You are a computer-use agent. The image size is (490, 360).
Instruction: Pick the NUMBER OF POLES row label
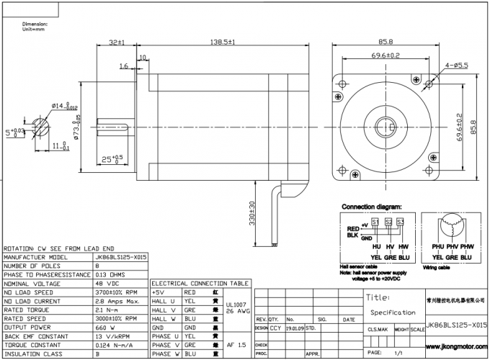[x=32, y=266]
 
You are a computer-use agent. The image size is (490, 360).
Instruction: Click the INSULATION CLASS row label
[x=32, y=354]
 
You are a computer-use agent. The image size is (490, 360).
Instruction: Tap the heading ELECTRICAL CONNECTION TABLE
[x=200, y=283]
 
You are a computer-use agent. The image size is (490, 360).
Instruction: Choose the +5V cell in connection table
[x=159, y=293]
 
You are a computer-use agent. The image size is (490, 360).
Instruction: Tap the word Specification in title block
[x=393, y=312]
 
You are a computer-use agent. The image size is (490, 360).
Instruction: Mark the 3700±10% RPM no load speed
[x=115, y=292]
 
